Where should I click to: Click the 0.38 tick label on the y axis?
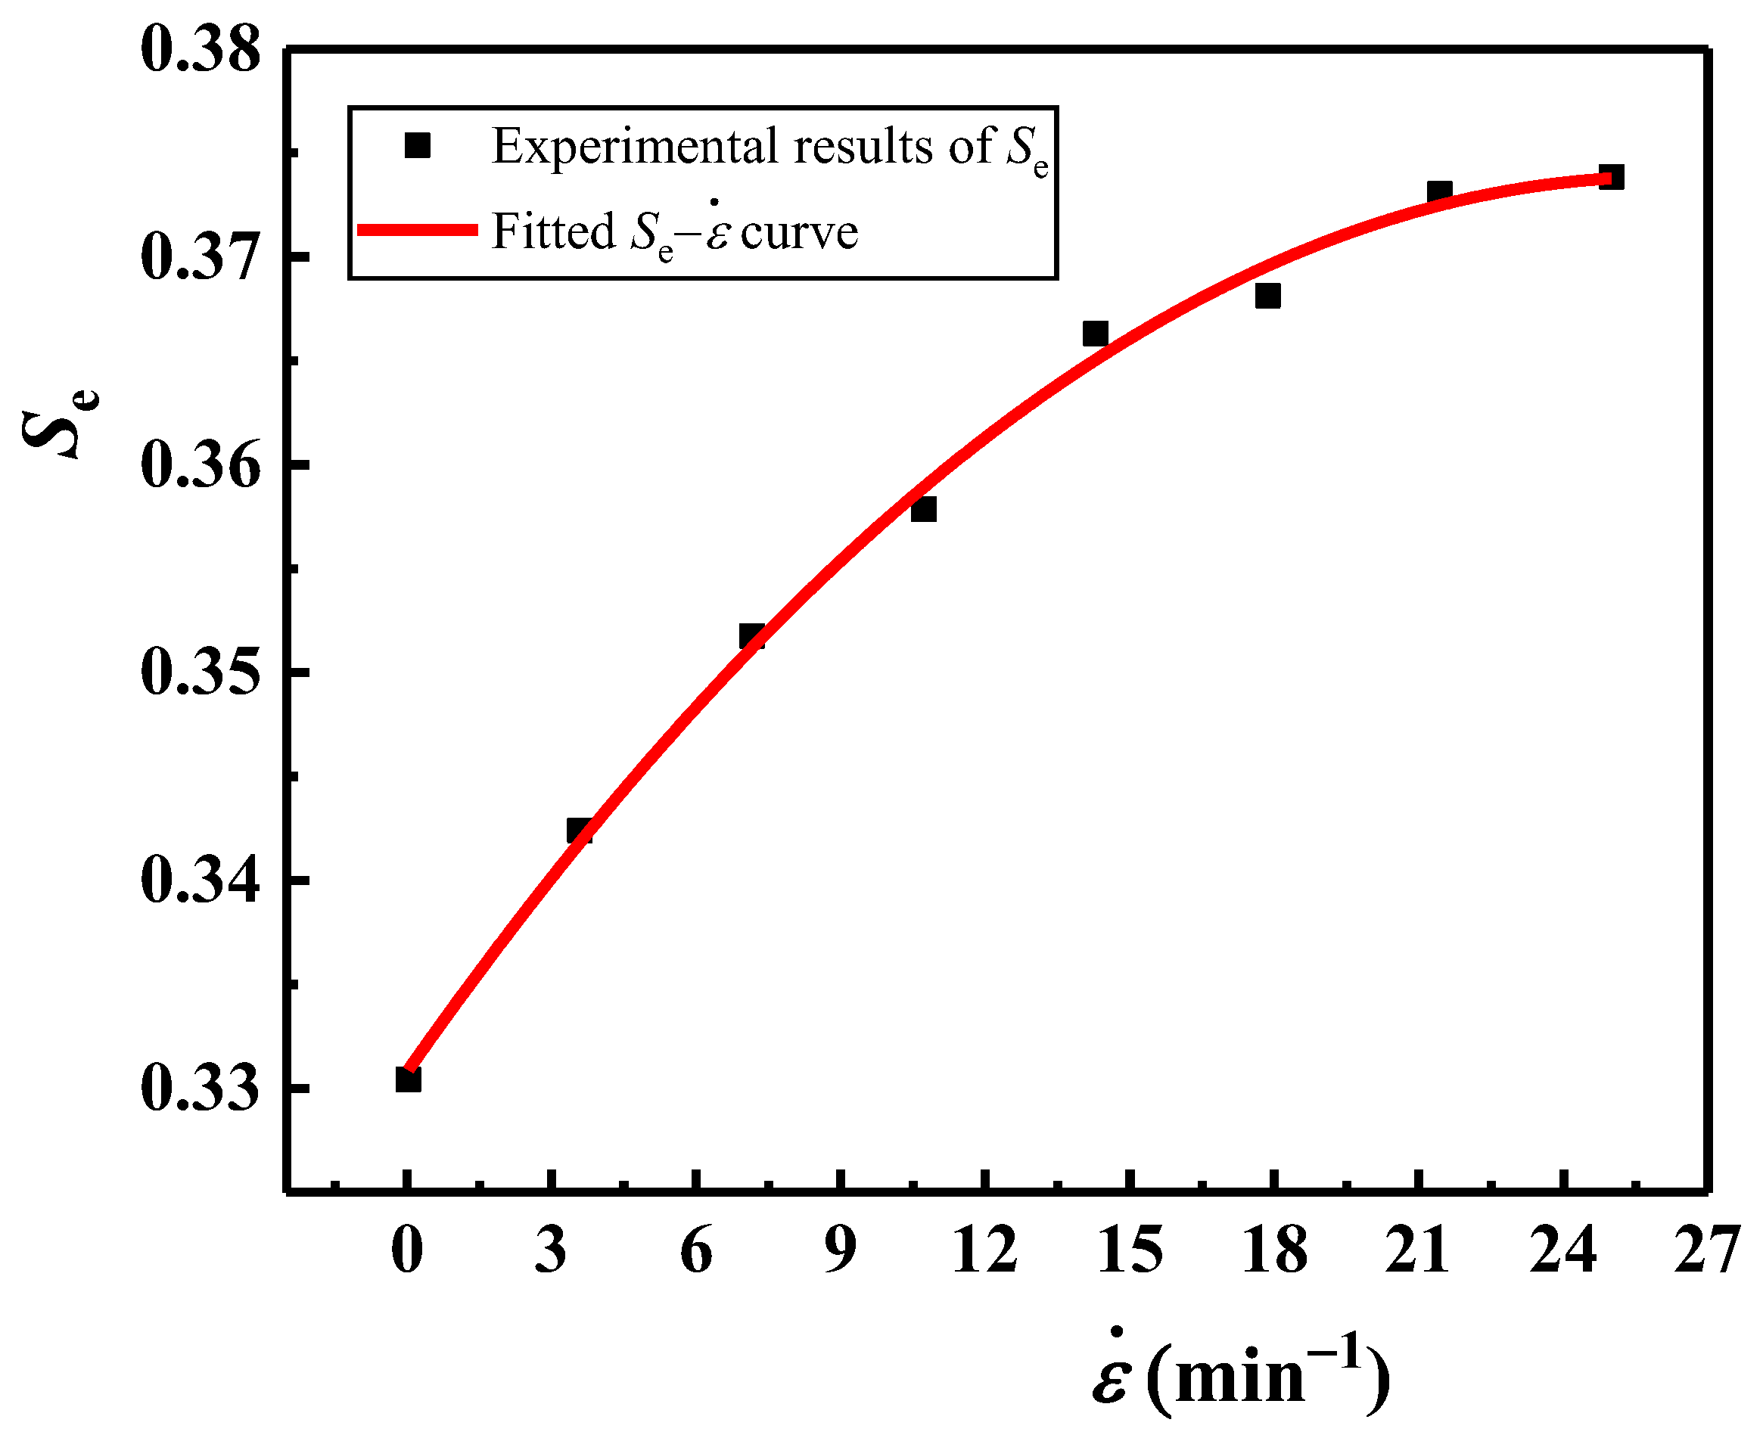pos(200,50)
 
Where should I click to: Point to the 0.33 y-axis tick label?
pos(200,1088)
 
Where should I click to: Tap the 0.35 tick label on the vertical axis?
pos(200,672)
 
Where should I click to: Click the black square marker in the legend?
pos(418,146)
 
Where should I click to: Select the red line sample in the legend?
pos(418,230)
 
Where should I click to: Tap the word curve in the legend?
pos(799,232)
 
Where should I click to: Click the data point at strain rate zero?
pos(408,1080)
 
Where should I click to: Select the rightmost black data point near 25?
pos(1612,177)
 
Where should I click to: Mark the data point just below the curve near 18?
pos(1267,296)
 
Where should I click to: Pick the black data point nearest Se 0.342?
pos(579,830)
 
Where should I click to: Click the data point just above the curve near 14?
pos(1095,334)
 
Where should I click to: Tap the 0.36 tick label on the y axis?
pos(200,464)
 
